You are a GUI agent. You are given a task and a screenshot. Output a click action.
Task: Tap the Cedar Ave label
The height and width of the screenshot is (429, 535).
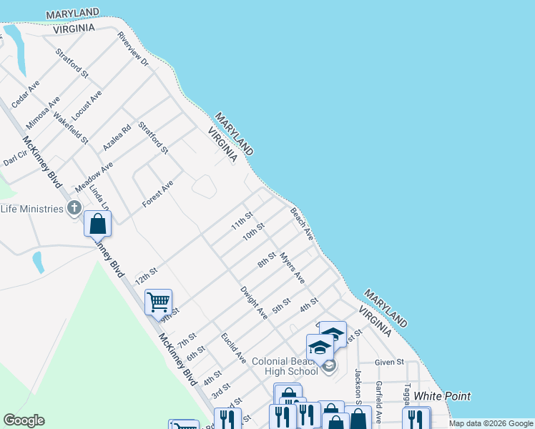pos(26,94)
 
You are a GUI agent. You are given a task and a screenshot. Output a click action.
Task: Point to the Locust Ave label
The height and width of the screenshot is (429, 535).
pos(87,104)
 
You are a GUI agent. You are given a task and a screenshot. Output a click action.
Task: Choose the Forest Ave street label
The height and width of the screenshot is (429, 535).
pos(157,194)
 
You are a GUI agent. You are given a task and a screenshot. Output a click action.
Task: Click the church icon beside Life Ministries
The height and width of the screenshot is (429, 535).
pos(73,208)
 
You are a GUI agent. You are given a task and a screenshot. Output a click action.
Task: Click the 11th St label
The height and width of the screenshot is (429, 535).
pos(242,221)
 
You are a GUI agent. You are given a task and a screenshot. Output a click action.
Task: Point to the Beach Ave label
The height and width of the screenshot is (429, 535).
pos(302,224)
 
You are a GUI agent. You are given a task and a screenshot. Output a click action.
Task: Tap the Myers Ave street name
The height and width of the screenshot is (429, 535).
pos(293,267)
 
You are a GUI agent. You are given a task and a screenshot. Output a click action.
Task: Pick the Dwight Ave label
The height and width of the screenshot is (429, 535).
pos(254,302)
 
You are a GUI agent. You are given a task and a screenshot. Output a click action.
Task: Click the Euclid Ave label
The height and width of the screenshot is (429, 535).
pos(233,347)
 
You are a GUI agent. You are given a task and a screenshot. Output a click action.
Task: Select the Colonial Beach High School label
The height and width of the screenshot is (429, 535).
pos(285,366)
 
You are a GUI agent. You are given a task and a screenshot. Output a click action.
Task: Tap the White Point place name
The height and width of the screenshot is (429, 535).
pos(442,396)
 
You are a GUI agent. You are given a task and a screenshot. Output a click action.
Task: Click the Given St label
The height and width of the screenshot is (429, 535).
pos(389,363)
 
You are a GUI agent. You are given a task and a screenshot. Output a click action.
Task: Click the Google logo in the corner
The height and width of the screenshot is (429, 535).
pos(24,420)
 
